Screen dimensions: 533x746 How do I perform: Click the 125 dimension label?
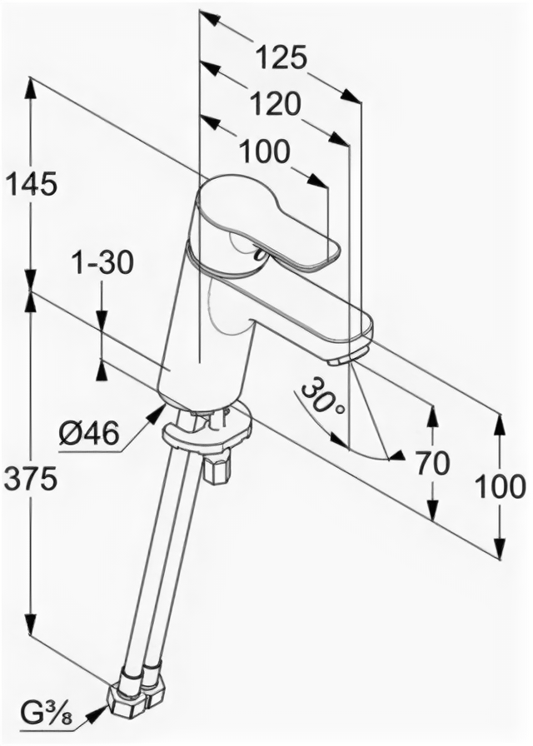click(281, 58)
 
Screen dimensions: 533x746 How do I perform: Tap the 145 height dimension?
click(31, 184)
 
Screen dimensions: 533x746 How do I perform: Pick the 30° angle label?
click(322, 398)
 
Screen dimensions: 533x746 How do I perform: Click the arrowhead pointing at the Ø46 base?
click(156, 413)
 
